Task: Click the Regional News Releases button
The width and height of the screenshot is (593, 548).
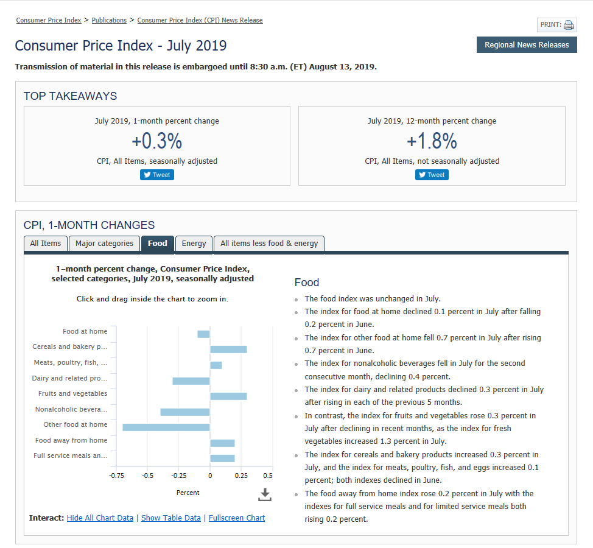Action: pos(527,44)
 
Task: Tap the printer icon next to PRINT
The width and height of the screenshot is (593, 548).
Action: pos(569,25)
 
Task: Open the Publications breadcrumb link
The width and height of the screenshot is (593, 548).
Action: pos(109,20)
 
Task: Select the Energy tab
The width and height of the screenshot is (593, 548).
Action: pos(194,244)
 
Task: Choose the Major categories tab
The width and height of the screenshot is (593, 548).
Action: pos(104,244)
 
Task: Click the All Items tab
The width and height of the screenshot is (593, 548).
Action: pos(46,244)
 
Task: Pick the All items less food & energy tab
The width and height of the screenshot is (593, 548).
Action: pos(269,244)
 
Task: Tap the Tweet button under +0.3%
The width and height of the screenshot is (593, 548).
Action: pos(157,175)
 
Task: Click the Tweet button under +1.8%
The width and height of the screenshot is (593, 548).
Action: pos(432,175)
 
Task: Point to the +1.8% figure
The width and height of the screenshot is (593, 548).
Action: pos(432,141)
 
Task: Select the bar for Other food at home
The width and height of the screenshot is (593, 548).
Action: pos(166,427)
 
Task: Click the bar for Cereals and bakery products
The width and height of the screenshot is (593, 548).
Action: pos(228,349)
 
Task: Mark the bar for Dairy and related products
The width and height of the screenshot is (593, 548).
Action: pos(191,381)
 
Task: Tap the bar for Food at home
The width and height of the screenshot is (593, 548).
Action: pos(203,334)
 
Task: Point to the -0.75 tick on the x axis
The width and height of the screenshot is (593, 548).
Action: pos(116,476)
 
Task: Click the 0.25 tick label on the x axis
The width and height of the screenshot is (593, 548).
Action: pos(240,476)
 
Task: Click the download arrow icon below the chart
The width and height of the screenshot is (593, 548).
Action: pos(264,494)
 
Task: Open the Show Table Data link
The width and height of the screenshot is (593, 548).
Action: pos(170,518)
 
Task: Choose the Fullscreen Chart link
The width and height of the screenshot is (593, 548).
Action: pos(237,518)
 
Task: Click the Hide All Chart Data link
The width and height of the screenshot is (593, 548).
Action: pos(100,518)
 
